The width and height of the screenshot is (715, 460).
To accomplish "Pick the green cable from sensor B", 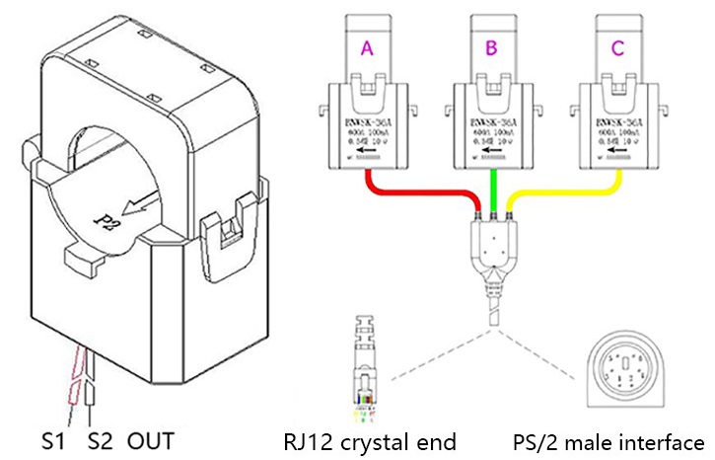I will click(x=492, y=183).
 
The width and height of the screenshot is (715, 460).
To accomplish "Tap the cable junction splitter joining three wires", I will click(x=490, y=248).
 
